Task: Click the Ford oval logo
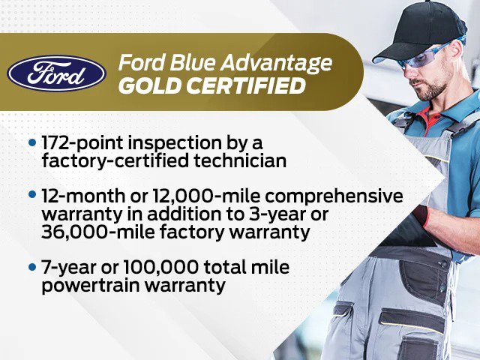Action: [x=57, y=72]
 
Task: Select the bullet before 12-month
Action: [x=31, y=194]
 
